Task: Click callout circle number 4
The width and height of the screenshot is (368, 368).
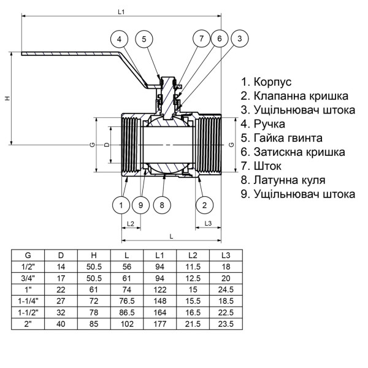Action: click(121, 39)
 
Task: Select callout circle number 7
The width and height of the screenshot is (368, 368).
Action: click(201, 39)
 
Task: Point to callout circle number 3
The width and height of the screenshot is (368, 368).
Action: click(240, 39)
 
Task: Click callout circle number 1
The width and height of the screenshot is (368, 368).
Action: click(121, 204)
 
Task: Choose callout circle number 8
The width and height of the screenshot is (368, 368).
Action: click(162, 204)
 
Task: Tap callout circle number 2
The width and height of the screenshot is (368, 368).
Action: click(205, 204)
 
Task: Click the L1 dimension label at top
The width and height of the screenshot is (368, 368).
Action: click(121, 12)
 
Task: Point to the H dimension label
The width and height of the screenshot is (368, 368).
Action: click(7, 99)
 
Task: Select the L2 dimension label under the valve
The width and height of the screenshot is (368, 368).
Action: click(130, 223)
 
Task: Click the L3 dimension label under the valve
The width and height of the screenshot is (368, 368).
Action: click(208, 223)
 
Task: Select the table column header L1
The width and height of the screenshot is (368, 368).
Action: click(159, 255)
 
